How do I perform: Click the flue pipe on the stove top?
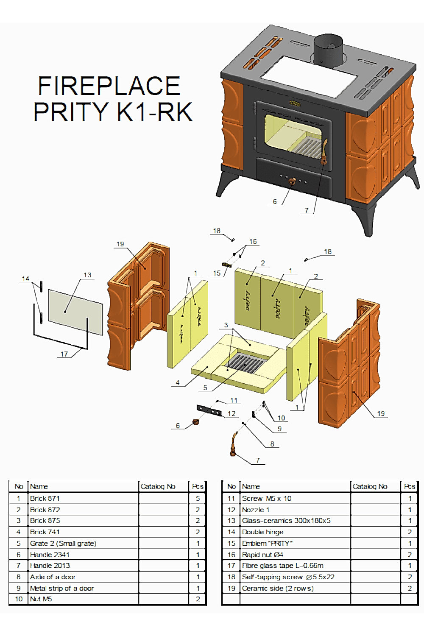point(328,50)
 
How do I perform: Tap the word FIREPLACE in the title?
point(109,86)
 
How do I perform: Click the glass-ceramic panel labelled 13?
point(75,312)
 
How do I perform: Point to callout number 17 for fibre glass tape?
point(64,354)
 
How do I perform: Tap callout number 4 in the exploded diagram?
point(178,382)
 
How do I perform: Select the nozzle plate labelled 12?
point(209,410)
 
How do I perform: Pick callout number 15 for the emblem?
point(217,273)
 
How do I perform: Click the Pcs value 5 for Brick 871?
point(198,498)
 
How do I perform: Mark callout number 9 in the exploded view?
point(279,429)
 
